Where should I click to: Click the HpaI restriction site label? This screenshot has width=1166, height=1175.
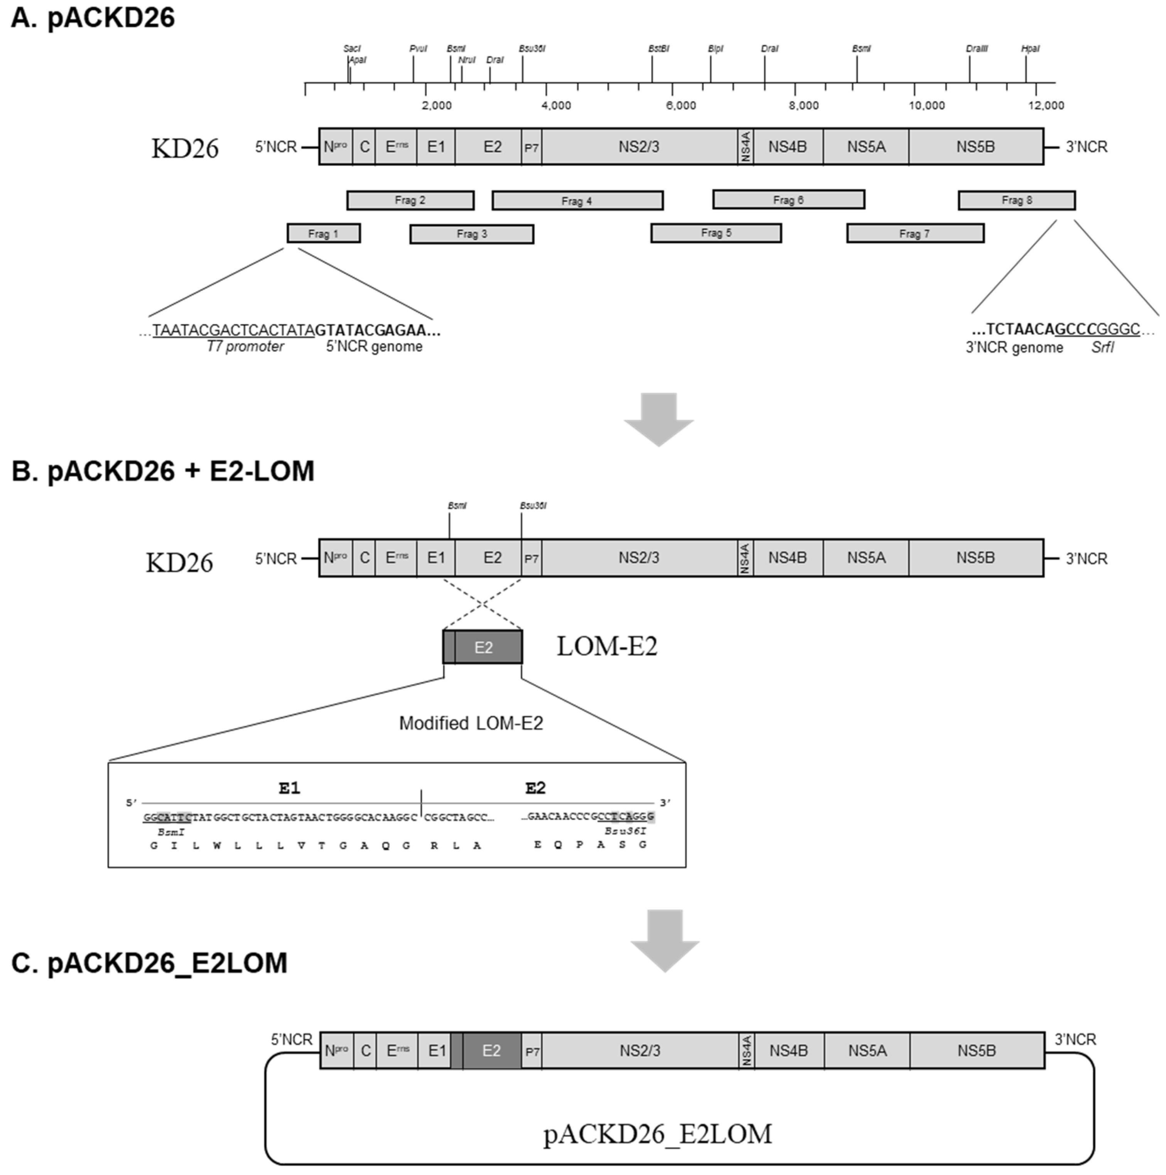(x=1030, y=49)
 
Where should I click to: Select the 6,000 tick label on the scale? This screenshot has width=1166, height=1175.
(x=681, y=106)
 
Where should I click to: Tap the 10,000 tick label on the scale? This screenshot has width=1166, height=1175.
(x=926, y=106)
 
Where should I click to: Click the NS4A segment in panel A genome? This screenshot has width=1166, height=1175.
(x=746, y=147)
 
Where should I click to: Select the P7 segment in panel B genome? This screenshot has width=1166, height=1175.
(x=532, y=559)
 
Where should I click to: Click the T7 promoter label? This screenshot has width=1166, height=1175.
(x=245, y=347)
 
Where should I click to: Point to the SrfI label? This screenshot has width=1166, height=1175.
(x=1102, y=348)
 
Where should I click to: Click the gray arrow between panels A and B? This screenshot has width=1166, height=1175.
(x=659, y=419)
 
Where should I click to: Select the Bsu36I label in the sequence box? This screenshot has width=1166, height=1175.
(x=625, y=831)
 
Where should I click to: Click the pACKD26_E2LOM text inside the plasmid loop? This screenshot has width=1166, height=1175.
(x=658, y=1134)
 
